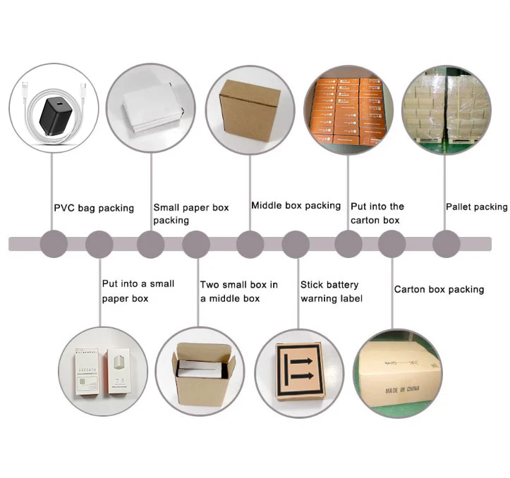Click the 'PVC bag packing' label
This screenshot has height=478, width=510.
coord(94,208)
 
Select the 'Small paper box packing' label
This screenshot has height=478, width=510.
coord(190,214)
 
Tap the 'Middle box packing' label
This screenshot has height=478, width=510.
coord(296,206)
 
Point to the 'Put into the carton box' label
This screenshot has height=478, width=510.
coord(377,213)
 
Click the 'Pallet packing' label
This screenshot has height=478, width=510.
coord(476,207)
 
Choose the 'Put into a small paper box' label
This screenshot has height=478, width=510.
coord(138,290)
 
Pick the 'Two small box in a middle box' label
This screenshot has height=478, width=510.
coord(238,291)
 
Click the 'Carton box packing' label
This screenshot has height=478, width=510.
coord(439,289)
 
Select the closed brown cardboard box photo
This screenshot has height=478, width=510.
coord(249,109)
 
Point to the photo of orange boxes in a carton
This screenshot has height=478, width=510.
coord(347,109)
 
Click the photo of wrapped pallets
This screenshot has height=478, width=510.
coord(446,109)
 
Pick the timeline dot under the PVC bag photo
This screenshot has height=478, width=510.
coord(54,244)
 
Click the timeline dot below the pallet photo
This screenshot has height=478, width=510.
coord(446,244)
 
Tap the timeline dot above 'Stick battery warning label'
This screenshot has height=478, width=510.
coord(296,244)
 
